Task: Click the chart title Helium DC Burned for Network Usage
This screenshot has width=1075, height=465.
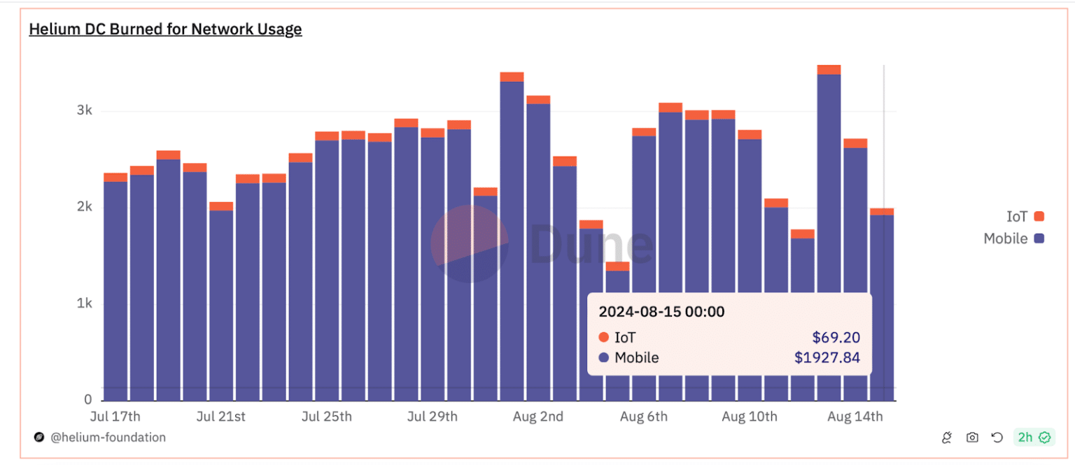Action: [x=165, y=29]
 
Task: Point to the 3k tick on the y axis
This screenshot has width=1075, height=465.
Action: [x=85, y=110]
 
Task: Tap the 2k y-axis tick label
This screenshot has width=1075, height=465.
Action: [x=85, y=207]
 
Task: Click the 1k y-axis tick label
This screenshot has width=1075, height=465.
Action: [x=85, y=303]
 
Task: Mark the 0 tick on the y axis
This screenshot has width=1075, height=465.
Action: [x=88, y=399]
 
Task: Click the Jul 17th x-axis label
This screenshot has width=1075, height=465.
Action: [x=115, y=417]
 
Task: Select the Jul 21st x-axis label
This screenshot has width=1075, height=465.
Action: [x=221, y=417]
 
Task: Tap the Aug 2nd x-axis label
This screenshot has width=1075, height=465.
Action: [x=537, y=417]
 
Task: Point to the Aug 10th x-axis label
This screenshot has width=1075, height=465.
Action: [x=749, y=417]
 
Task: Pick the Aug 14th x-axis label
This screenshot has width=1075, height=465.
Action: [x=855, y=417]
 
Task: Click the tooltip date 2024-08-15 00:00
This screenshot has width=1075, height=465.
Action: [x=661, y=312]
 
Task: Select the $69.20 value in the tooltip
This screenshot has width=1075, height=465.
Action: [x=836, y=338]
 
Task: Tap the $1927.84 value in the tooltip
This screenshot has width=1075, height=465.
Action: [x=827, y=358]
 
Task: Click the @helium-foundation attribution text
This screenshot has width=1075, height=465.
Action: [x=108, y=438]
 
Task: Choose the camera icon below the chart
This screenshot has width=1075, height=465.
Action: [x=972, y=438]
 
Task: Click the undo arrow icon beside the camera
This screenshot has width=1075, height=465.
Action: [x=997, y=438]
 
